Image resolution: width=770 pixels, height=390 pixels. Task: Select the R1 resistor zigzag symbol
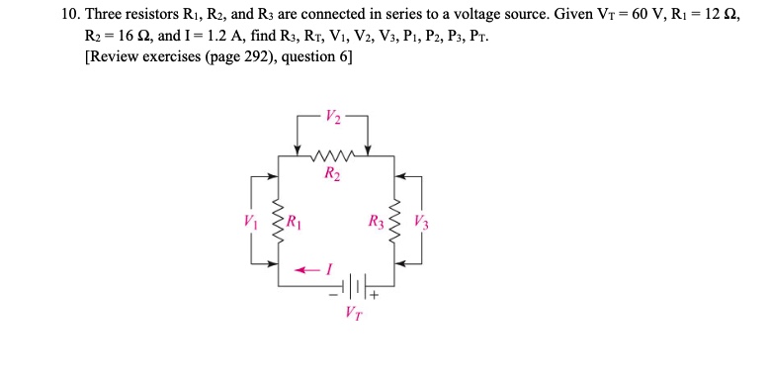tap(279, 220)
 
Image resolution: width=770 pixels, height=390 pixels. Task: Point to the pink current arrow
tap(305, 268)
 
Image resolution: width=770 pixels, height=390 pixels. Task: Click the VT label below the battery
tap(353, 314)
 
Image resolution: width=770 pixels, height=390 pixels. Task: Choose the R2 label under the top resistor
tap(332, 175)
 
